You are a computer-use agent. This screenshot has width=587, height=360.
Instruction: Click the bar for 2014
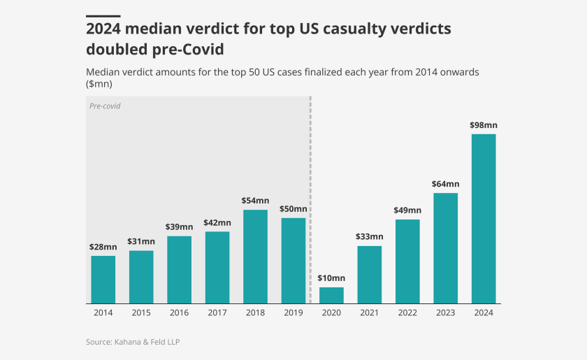[x=103, y=280]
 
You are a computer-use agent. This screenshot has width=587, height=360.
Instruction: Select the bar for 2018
[x=255, y=257]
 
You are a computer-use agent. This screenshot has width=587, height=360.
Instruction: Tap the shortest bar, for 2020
[x=331, y=295]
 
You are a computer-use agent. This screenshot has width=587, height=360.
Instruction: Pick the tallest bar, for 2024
[x=484, y=218]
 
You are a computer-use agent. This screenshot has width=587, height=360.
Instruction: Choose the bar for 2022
[x=407, y=261]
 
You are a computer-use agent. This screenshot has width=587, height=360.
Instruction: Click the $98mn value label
[x=484, y=125]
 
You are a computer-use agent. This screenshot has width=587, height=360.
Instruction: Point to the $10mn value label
[x=331, y=278]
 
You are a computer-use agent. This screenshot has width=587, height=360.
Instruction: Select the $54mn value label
[x=255, y=201]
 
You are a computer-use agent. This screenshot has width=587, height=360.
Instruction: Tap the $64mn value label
[x=446, y=184]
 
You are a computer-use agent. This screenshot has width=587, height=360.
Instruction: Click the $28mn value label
[x=103, y=247]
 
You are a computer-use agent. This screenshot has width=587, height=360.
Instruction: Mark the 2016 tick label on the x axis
[x=180, y=312]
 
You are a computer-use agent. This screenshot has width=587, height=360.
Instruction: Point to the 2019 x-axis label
[x=293, y=312]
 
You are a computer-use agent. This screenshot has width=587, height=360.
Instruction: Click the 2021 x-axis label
[x=370, y=312]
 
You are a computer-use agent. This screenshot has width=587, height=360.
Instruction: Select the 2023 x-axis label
[x=446, y=312]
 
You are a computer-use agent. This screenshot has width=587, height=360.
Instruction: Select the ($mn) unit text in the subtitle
[x=99, y=84]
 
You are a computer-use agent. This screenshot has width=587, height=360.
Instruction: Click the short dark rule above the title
[x=103, y=15]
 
